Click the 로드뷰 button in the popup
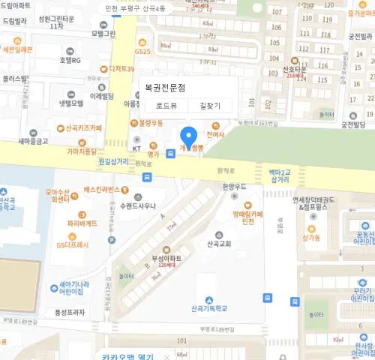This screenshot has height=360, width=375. click(x=166, y=106)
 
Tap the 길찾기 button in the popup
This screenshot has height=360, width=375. click(x=210, y=106)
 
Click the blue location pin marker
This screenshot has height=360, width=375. click(x=189, y=137)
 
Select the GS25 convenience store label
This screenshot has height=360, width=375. click(x=144, y=50)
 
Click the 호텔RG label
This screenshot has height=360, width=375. click(x=71, y=60)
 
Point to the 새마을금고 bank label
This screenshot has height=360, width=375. click(x=32, y=141)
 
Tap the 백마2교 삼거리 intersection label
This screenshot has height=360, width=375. click(x=279, y=176)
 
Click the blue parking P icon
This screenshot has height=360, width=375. click(x=112, y=240)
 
